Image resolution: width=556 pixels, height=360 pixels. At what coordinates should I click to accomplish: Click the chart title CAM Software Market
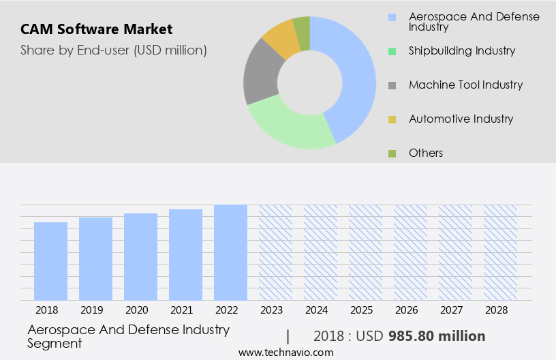pos(96,29)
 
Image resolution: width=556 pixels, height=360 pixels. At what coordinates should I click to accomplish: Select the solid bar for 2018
pos(51,261)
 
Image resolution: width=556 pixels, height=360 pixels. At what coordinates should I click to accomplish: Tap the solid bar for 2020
pos(141,257)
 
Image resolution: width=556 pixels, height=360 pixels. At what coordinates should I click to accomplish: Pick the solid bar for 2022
pos(231,252)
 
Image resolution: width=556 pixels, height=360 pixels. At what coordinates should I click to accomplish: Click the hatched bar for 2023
pos(276,252)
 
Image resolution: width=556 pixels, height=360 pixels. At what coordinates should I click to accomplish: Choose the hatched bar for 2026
pos(411,252)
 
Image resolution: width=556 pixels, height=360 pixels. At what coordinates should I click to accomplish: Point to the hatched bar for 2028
pos(501,252)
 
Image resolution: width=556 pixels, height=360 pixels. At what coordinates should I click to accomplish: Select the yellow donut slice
pos(281,39)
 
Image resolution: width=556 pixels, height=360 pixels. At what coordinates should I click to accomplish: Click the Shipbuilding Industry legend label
pos(462,50)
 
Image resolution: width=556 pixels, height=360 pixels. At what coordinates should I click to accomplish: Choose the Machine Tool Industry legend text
pos(465,85)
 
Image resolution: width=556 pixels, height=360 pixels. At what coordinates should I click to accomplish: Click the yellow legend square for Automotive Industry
pos(392,119)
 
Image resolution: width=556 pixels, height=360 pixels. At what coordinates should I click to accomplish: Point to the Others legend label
pos(426,153)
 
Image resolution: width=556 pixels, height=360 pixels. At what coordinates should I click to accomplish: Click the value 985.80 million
pos(437,336)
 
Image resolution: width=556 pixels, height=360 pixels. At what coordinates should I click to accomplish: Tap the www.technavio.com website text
pos(286,352)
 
